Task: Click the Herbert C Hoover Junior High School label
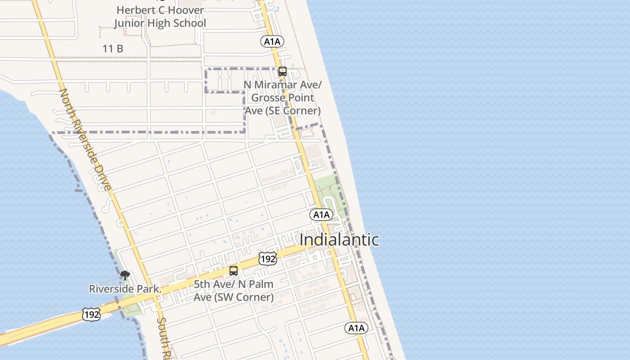(x=160, y=17)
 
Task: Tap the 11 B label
(x=113, y=49)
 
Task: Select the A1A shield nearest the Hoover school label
(x=272, y=42)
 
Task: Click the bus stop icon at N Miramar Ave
(x=283, y=71)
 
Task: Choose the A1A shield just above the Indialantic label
(x=321, y=215)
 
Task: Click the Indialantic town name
(x=339, y=240)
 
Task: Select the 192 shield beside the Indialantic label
(x=267, y=259)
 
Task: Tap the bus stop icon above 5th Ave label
(x=234, y=270)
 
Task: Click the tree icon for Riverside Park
(x=125, y=275)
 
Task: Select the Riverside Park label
(x=125, y=289)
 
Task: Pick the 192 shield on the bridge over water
(x=91, y=315)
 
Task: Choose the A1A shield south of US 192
(x=356, y=328)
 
